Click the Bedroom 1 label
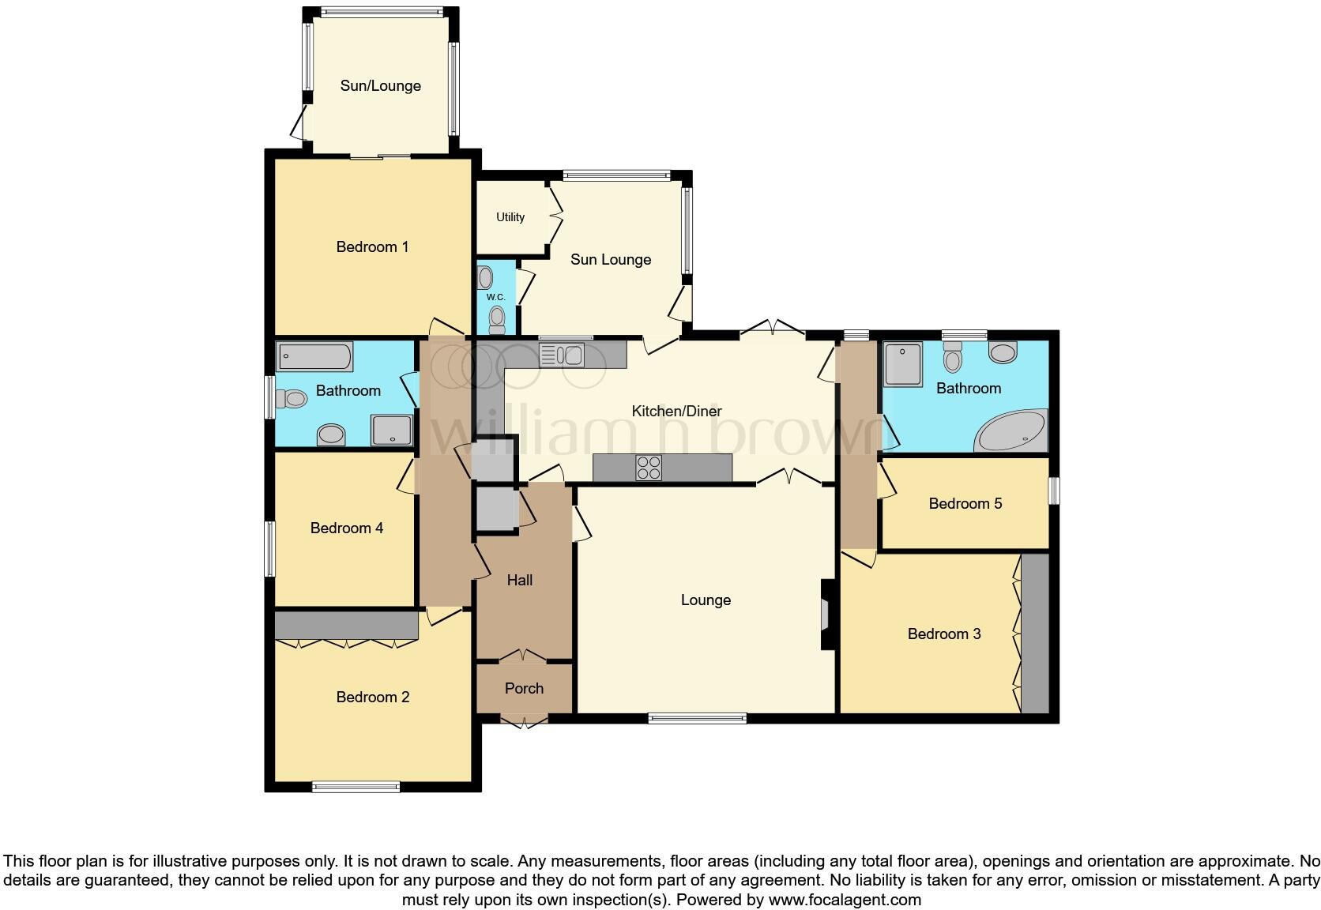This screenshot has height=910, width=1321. tap(372, 247)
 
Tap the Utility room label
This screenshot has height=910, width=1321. tap(510, 217)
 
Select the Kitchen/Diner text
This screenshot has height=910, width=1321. tap(677, 411)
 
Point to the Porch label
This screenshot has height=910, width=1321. tap(524, 689)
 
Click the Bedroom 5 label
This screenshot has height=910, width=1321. tap(965, 504)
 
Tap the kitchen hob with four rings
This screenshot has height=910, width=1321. tap(649, 468)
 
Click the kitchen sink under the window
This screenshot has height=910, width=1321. tap(561, 355)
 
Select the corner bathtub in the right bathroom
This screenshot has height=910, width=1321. tap(1012, 431)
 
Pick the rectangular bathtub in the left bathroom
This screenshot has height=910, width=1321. tap(314, 357)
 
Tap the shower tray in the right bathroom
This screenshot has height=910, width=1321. tap(903, 364)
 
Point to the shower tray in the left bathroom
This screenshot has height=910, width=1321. tap(392, 431)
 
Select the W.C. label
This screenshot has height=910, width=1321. tap(495, 297)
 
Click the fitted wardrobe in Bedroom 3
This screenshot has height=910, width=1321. tap(1034, 634)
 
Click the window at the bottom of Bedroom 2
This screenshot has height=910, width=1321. tap(356, 786)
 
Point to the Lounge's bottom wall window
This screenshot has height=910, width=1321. tap(697, 718)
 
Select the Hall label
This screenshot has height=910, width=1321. tap(520, 581)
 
